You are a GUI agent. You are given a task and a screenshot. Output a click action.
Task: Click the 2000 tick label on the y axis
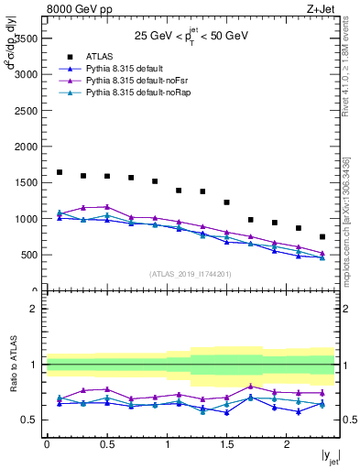tap(26, 147)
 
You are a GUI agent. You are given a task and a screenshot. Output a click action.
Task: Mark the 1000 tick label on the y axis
tap(26, 219)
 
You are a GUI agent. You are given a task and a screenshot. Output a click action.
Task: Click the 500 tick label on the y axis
tap(29, 255)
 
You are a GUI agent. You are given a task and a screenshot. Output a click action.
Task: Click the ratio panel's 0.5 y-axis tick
tap(30, 420)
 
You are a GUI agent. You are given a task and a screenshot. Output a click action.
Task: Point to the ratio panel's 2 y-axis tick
tap(34, 309)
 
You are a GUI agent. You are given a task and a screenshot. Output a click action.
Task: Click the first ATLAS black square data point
tap(60, 172)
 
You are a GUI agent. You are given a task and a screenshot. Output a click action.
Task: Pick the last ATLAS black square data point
tap(322, 236)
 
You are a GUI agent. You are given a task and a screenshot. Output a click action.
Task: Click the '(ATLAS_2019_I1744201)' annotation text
tap(191, 273)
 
